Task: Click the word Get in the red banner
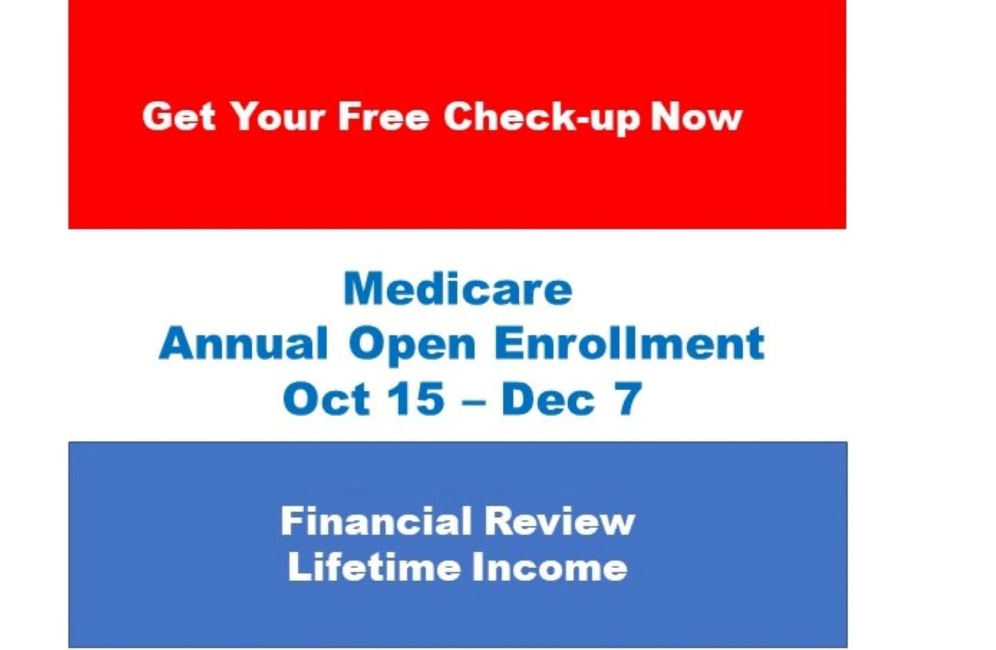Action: (x=179, y=116)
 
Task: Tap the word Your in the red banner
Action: (x=278, y=116)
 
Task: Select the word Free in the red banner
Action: (x=384, y=116)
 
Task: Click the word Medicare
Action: (x=458, y=289)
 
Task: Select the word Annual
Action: (x=242, y=343)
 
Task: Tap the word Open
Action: (x=412, y=345)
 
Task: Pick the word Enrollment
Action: (x=629, y=343)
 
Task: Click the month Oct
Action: (x=326, y=399)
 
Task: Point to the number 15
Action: (x=418, y=399)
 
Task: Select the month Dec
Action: (x=548, y=399)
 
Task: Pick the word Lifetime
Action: (x=374, y=567)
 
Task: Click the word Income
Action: (x=549, y=567)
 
